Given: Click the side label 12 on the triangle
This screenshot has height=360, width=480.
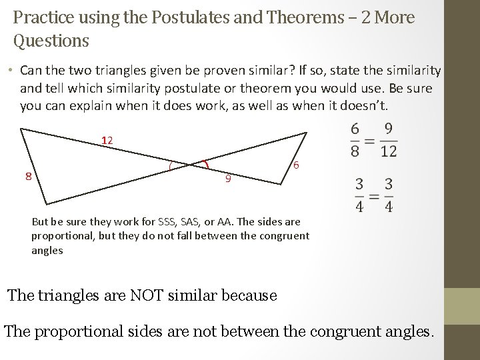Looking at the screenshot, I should pos(107,141).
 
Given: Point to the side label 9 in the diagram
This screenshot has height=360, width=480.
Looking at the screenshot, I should pos(227,179).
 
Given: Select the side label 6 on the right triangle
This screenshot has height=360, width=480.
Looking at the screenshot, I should pos(295,165).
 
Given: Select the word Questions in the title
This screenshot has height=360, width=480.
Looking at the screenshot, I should pos(51,41).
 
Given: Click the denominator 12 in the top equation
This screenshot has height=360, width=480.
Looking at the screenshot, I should pos(389,151).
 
